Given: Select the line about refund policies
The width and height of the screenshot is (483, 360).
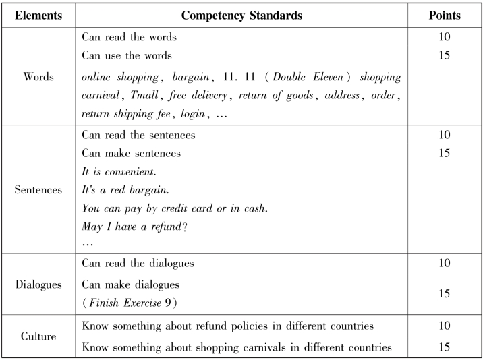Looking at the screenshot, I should point(228,327).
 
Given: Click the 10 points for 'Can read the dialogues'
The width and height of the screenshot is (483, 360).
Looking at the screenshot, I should point(443,262).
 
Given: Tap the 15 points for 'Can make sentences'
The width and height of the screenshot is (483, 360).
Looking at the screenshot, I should point(443,153).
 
